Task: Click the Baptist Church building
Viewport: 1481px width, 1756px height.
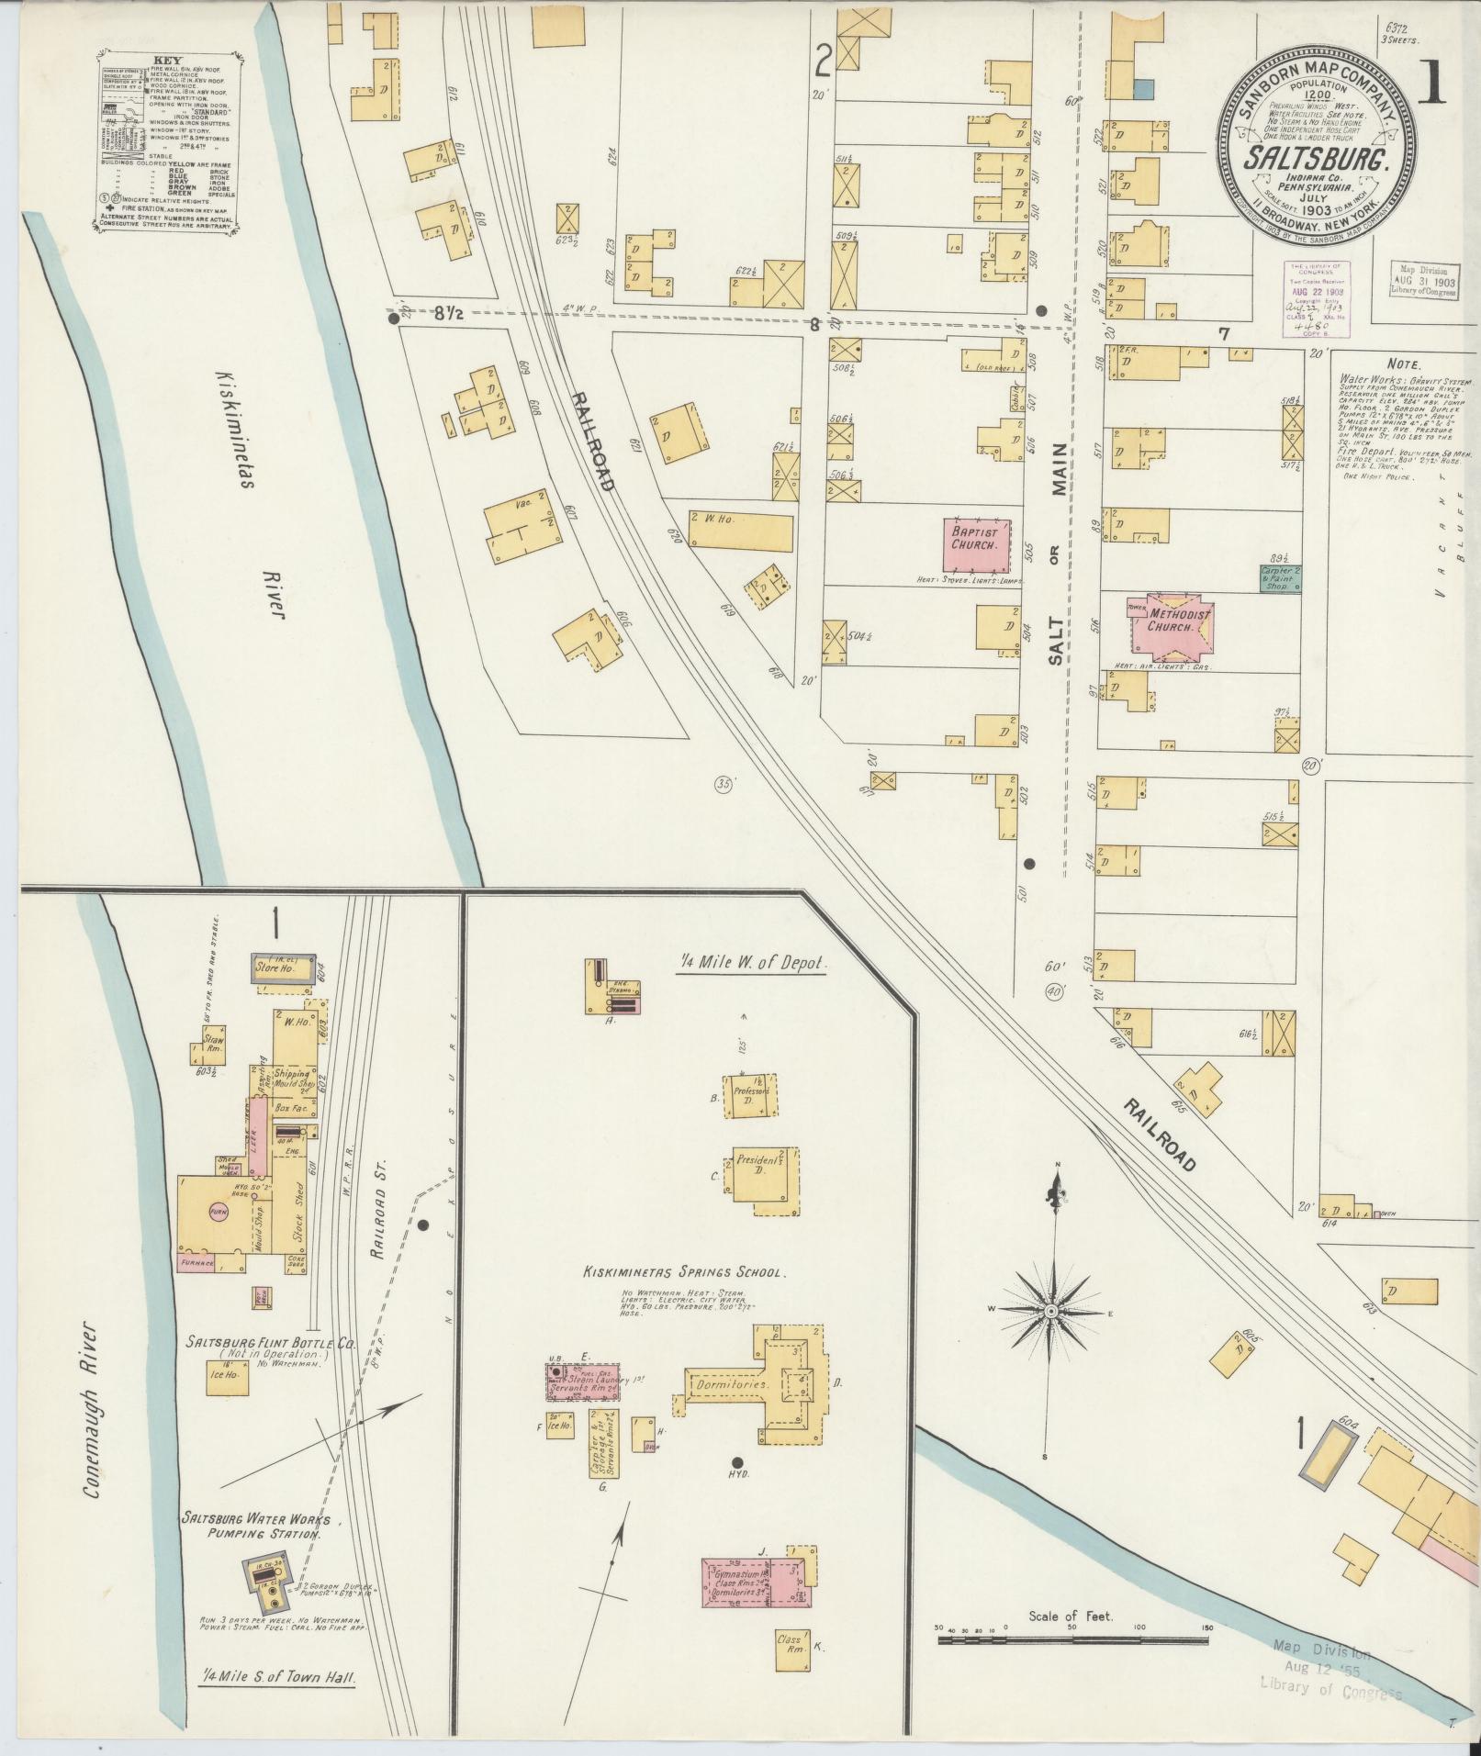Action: [980, 545]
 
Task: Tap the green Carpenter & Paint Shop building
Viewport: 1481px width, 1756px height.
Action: [1280, 577]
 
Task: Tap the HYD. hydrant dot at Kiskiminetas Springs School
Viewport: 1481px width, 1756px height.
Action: [735, 1462]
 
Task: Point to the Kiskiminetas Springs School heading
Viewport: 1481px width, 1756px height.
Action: [684, 1273]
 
